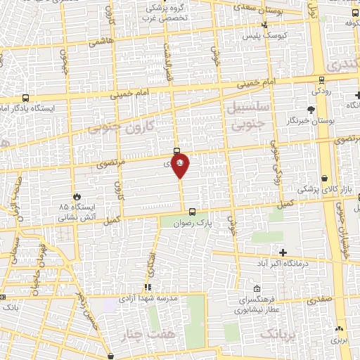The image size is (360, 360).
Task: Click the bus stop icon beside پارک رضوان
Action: point(192,211)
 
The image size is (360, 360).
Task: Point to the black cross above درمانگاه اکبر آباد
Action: point(283,252)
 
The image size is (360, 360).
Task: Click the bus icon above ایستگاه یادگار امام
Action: point(26,98)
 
